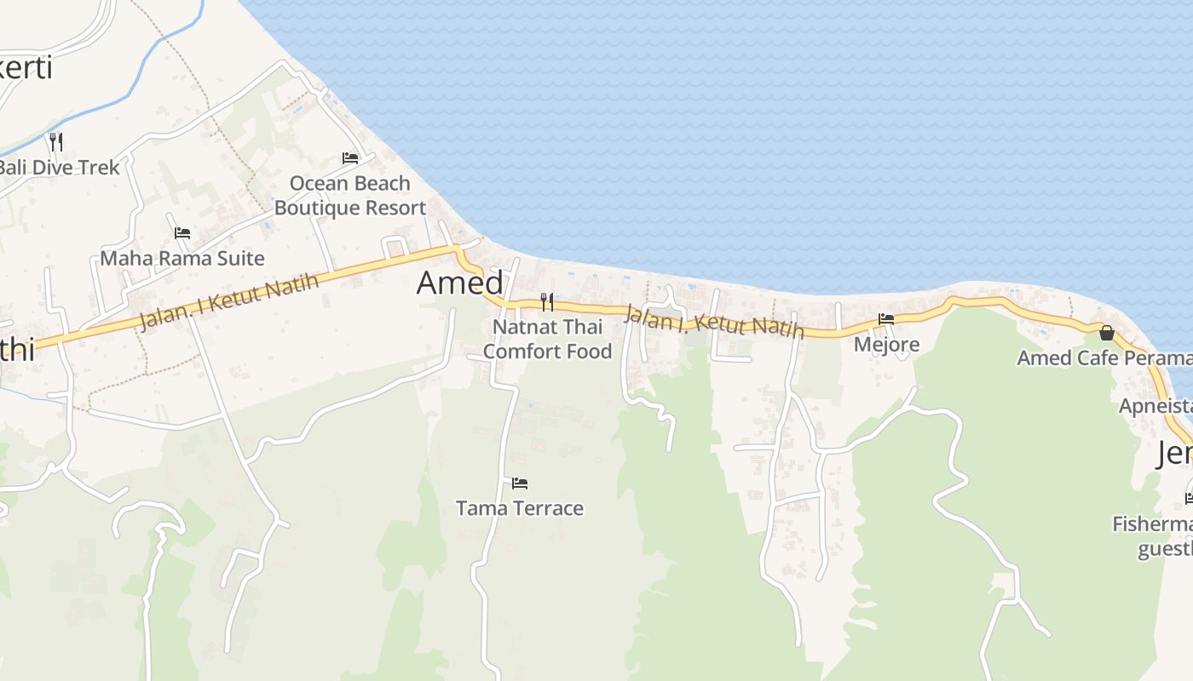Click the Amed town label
[x=460, y=283]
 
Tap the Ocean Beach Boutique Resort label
[x=350, y=196]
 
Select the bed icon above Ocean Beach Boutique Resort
[x=349, y=158]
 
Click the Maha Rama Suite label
[x=182, y=258]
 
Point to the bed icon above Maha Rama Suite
[x=182, y=233]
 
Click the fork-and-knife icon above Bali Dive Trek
[x=56, y=141]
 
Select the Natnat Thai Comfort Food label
[x=547, y=339]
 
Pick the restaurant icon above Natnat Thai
[x=547, y=301]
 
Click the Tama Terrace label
[x=520, y=508]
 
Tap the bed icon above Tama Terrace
[x=520, y=484]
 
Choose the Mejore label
[x=886, y=344]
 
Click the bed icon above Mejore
[x=886, y=319]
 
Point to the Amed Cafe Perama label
[x=1104, y=358]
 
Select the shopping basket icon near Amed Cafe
[x=1106, y=332]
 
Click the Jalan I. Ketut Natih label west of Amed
[x=228, y=300]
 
